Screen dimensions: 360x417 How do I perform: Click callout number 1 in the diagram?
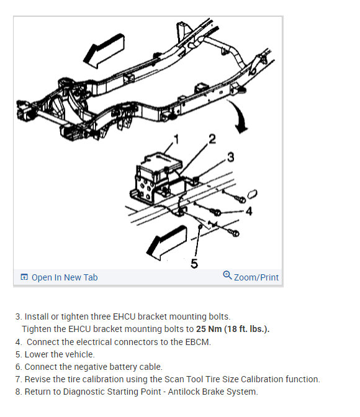pyautogui.click(x=176, y=140)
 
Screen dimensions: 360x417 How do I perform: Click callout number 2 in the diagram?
pyautogui.click(x=212, y=139)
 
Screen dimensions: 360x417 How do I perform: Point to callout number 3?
pyautogui.click(x=231, y=157)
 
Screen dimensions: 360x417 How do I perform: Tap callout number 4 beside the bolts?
pyautogui.click(x=249, y=212)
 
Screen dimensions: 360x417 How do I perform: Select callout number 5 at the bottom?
pyautogui.click(x=194, y=263)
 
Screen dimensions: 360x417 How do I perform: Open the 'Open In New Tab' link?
pyautogui.click(x=65, y=277)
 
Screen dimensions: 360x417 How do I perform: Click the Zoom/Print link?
pyautogui.click(x=256, y=277)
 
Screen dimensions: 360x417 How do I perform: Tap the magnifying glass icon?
pyautogui.click(x=227, y=276)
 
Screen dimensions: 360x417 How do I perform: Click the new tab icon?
pyautogui.click(x=24, y=277)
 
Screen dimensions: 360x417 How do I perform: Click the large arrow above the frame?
pyautogui.click(x=104, y=50)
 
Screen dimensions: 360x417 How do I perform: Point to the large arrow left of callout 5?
pyautogui.click(x=166, y=243)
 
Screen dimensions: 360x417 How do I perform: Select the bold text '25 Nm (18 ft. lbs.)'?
pyautogui.click(x=233, y=329)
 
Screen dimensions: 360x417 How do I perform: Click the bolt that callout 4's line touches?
pyautogui.click(x=216, y=212)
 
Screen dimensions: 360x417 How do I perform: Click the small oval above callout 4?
pyautogui.click(x=252, y=194)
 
